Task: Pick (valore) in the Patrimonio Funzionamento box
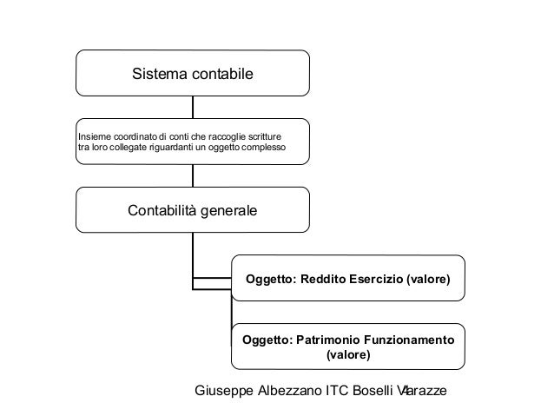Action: point(347,355)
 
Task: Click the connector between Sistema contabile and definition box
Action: point(193,107)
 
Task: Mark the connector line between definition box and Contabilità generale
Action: point(193,175)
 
